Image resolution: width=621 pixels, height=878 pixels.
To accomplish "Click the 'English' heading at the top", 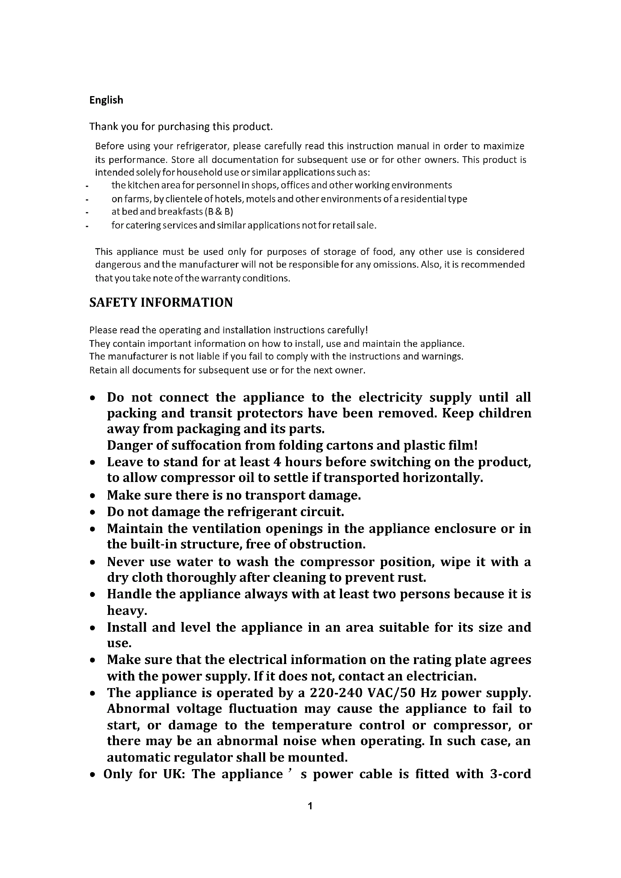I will (x=106, y=100).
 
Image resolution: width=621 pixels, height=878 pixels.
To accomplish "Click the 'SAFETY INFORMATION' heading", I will (x=161, y=303).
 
